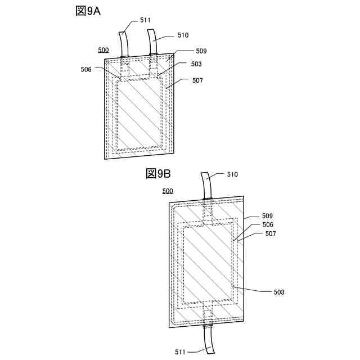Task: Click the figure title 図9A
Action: coord(88,11)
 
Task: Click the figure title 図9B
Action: coord(158,174)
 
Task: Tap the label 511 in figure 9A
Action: coord(145,20)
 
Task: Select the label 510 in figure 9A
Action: coord(183,35)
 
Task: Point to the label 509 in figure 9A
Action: coord(201,51)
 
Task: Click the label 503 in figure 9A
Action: coord(196,64)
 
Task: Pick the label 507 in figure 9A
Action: coord(197,80)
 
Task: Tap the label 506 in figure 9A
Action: coord(86,69)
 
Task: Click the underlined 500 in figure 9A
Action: coord(103,50)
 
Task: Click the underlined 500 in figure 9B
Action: coord(168,191)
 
